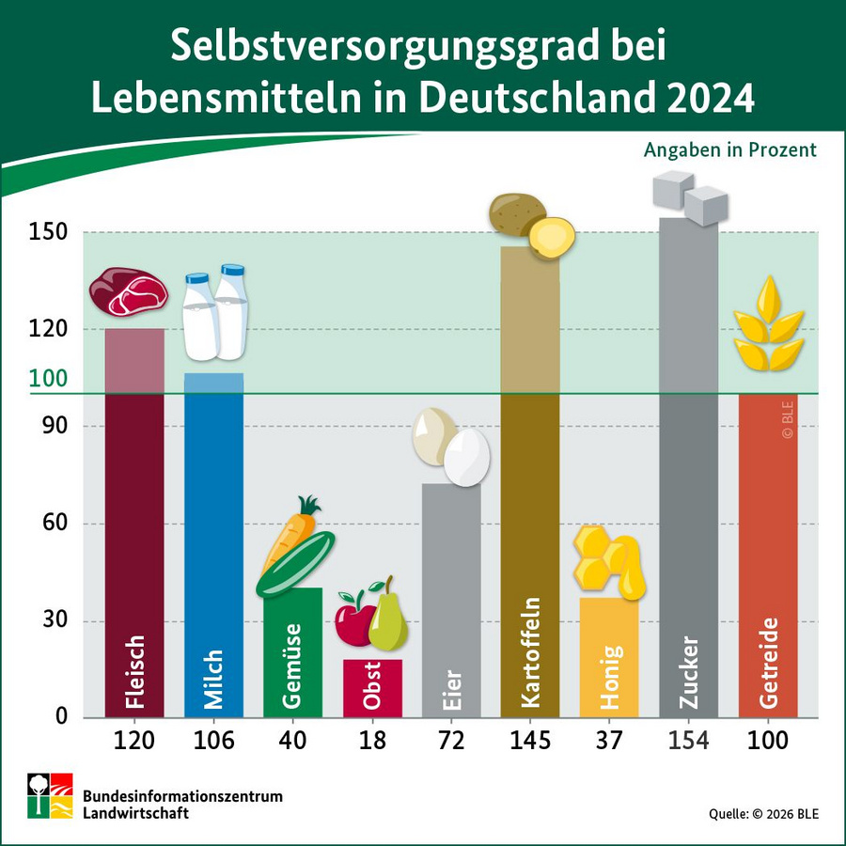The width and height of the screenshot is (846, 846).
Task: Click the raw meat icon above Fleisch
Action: pyautogui.click(x=129, y=292)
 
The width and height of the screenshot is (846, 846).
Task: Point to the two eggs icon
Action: pyautogui.click(x=452, y=447)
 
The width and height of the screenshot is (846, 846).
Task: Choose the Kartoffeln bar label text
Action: pyautogui.click(x=529, y=653)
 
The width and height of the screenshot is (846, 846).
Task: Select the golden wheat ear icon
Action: pyautogui.click(x=769, y=324)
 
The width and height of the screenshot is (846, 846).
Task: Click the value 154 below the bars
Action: pyautogui.click(x=688, y=741)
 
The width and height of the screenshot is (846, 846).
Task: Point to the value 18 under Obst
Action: pyautogui.click(x=372, y=741)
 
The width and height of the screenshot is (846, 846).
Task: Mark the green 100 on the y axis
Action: pyautogui.click(x=50, y=379)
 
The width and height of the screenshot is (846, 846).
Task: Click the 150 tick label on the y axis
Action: pyautogui.click(x=49, y=232)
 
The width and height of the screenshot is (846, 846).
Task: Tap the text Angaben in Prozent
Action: pyautogui.click(x=729, y=150)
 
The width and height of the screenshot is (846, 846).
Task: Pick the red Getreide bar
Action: pyautogui.click(x=768, y=564)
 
